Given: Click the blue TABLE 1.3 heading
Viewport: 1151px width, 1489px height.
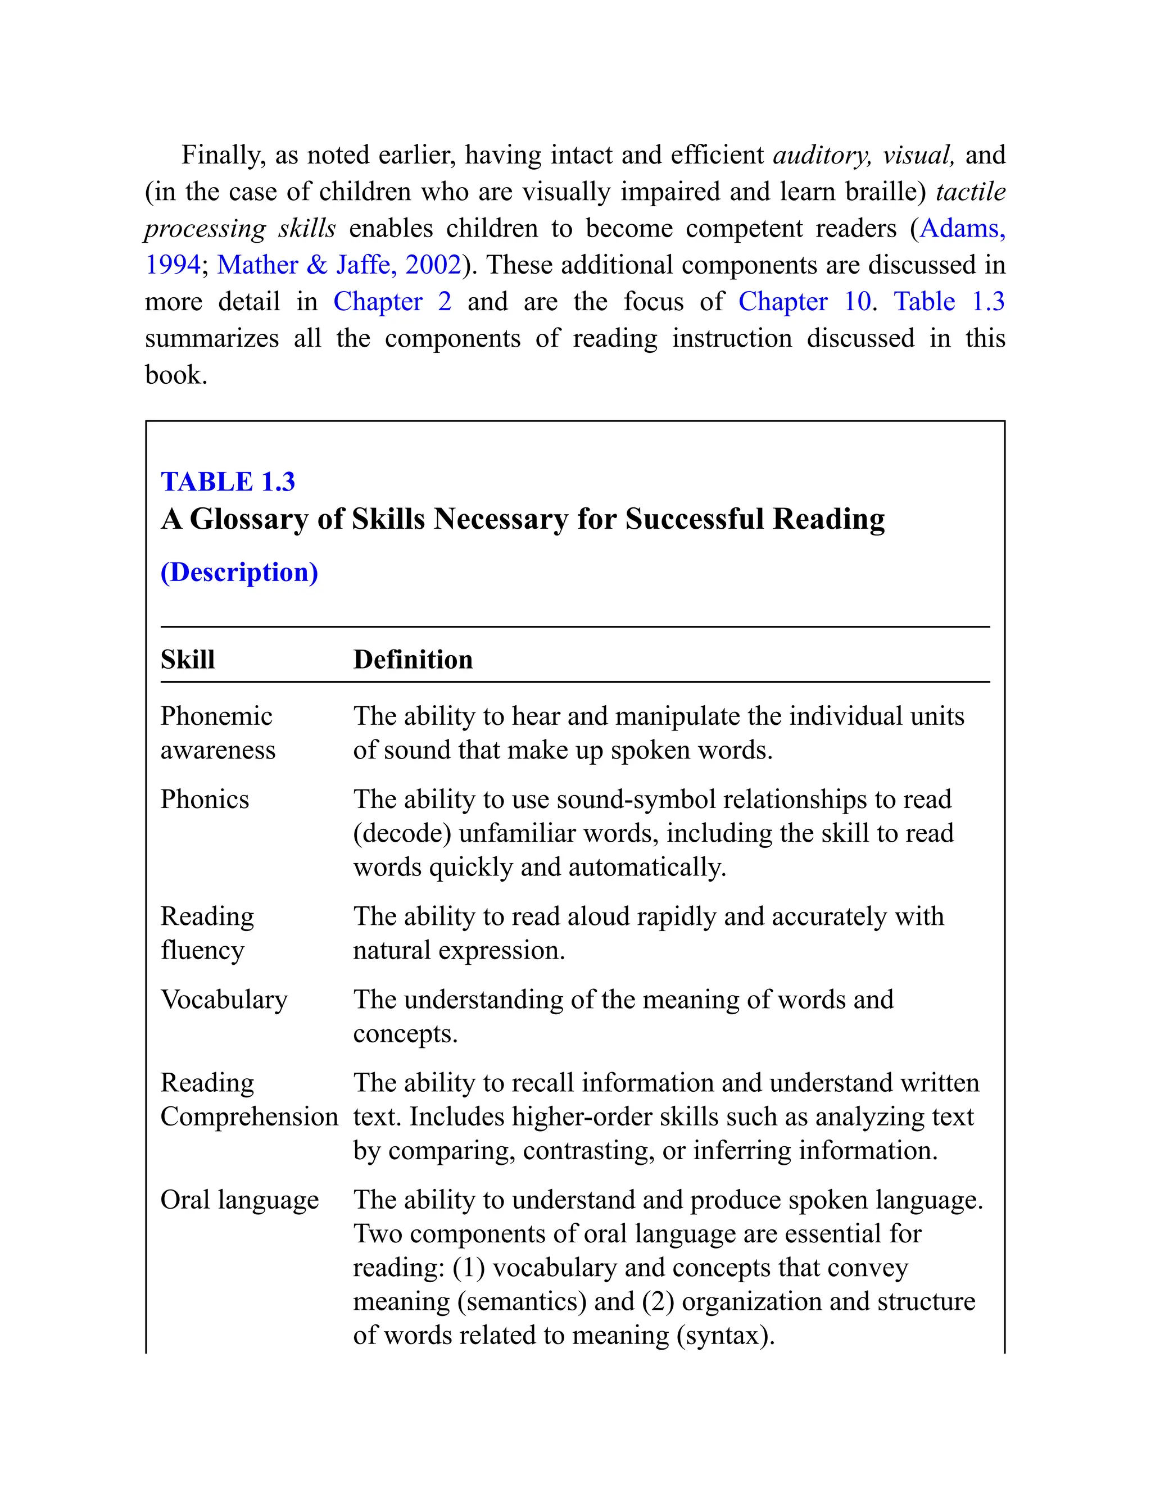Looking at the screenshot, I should tap(228, 482).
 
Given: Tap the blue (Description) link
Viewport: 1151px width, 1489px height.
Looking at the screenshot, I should tap(239, 572).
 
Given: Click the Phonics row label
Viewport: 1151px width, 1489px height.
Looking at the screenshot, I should tap(205, 799).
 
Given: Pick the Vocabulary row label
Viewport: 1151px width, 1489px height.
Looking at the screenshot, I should tap(224, 1000).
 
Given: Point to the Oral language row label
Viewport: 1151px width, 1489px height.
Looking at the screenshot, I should tap(239, 1200).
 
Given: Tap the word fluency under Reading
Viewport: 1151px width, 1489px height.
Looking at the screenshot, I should tap(202, 950).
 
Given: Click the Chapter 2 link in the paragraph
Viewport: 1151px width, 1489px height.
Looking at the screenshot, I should tap(392, 301).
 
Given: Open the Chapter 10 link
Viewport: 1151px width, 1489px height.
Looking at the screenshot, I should tap(805, 301).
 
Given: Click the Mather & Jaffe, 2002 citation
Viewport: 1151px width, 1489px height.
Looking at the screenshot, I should tap(339, 265).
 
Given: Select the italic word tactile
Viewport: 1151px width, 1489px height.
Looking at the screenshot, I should tap(970, 192).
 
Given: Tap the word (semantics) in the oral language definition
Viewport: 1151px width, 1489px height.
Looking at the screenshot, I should tap(522, 1301).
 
